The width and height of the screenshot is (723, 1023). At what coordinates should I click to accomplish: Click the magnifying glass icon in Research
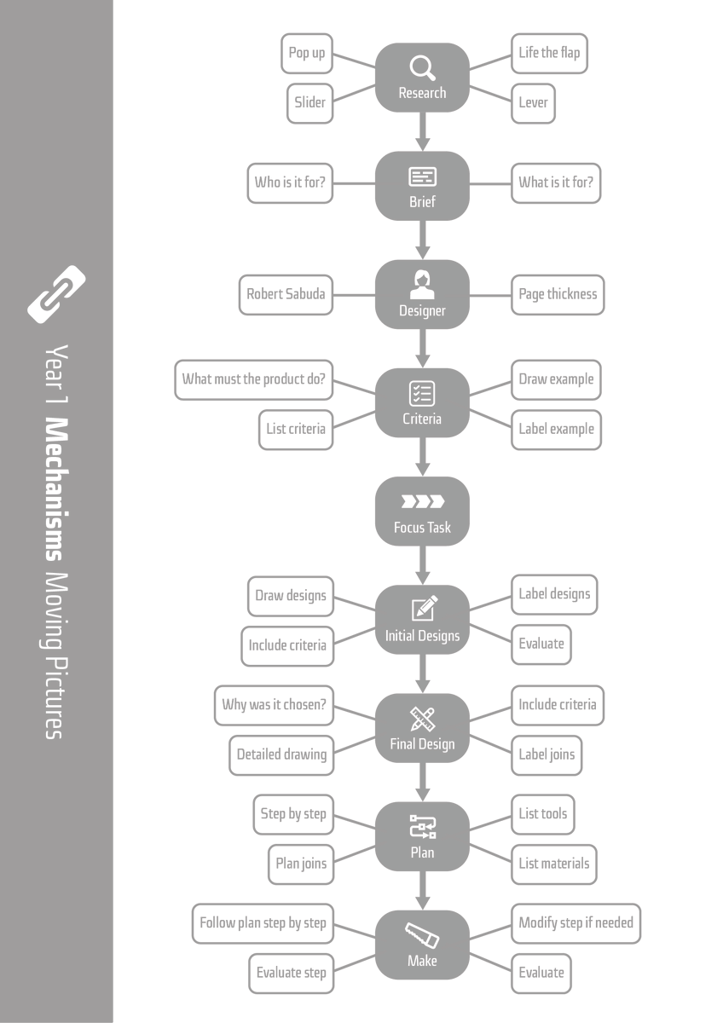(x=422, y=67)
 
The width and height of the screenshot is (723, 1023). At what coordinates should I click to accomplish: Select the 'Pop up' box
(x=307, y=54)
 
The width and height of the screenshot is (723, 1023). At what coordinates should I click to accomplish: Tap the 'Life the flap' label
(x=549, y=54)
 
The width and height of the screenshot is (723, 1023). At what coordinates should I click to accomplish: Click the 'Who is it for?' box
(x=290, y=182)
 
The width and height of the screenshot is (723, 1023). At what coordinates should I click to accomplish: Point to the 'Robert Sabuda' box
(x=286, y=295)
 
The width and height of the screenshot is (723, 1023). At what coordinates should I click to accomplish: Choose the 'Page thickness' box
(x=558, y=295)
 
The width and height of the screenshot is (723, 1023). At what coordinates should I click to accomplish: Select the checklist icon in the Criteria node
(x=422, y=393)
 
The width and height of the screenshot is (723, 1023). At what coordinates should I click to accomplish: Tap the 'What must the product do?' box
(x=254, y=379)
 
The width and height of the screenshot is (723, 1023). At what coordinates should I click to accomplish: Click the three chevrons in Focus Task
(x=422, y=502)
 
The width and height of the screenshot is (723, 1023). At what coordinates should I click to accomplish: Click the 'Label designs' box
(x=554, y=594)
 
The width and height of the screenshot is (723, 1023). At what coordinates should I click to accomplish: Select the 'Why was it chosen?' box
(x=274, y=706)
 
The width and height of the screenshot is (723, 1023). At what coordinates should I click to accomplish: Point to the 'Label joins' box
(x=547, y=755)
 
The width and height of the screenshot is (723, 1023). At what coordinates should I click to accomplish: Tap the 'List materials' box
(x=554, y=864)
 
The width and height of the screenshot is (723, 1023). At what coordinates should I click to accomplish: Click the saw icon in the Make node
(x=422, y=936)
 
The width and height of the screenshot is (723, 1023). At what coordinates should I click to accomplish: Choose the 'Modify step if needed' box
(x=576, y=923)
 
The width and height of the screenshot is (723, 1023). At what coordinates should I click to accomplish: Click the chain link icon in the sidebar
(x=56, y=295)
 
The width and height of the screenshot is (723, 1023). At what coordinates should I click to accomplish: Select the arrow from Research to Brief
(x=422, y=131)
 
